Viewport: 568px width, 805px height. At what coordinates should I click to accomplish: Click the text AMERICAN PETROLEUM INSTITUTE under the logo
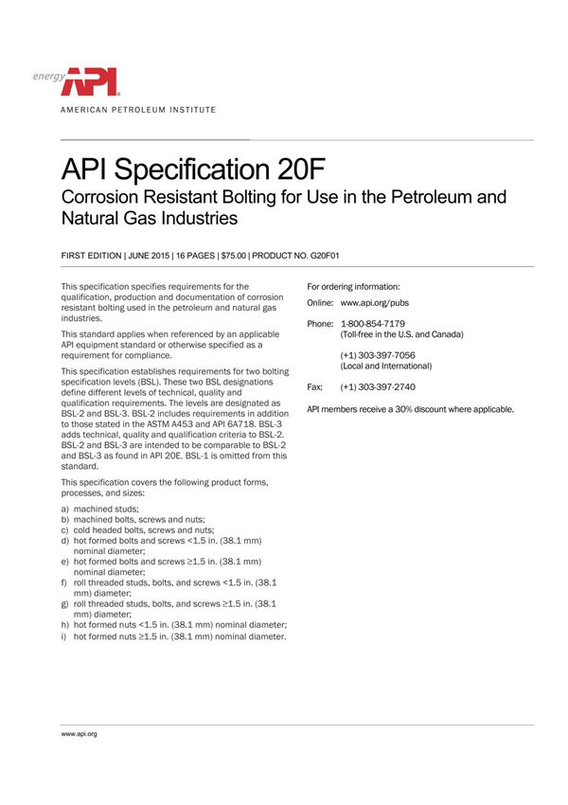coord(138,110)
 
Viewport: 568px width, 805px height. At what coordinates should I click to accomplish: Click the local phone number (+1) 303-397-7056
coord(378,354)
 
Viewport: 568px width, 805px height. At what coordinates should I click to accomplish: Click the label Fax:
coord(315,387)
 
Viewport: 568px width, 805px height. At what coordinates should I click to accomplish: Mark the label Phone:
coord(321,324)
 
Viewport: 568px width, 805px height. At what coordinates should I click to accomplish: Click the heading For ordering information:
coord(353,286)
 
